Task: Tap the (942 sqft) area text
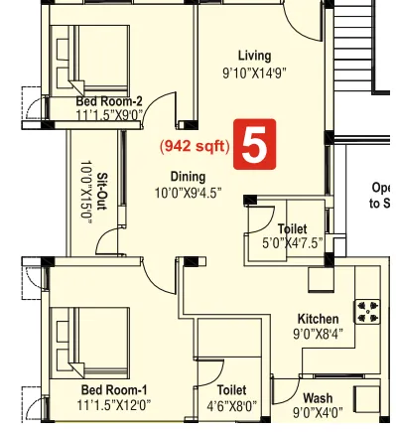195,146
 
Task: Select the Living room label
254,56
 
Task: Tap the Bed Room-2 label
109,101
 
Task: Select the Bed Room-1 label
115,390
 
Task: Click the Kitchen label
318,319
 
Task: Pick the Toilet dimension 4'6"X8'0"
231,406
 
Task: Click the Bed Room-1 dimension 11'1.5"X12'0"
115,406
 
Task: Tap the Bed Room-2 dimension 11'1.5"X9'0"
109,116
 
